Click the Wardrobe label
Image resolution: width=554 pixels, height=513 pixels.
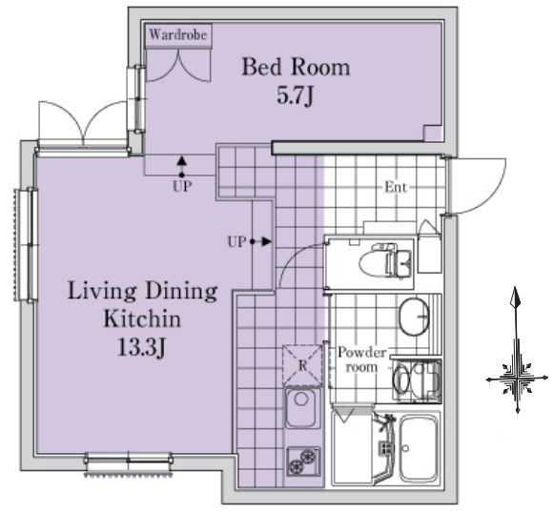tap(178, 34)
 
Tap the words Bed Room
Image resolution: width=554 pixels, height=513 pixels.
tap(296, 67)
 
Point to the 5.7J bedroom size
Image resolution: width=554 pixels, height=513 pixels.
tap(295, 95)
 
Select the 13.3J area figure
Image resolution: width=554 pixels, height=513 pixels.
tap(140, 347)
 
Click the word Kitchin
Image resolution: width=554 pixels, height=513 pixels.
tap(142, 318)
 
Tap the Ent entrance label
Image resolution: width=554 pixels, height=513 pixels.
tap(396, 187)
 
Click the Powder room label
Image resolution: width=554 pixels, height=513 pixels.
tap(361, 359)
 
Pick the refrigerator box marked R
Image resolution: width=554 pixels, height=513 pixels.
tap(302, 365)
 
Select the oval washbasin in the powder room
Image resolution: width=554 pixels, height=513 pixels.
tap(414, 317)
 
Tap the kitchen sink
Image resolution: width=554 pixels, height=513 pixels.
tap(301, 408)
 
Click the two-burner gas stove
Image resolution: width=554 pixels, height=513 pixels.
tap(304, 462)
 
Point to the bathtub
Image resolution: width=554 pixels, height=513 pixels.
tap(419, 448)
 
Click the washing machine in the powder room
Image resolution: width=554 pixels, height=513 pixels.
tap(417, 380)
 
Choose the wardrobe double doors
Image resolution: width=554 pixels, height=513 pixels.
tap(178, 66)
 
